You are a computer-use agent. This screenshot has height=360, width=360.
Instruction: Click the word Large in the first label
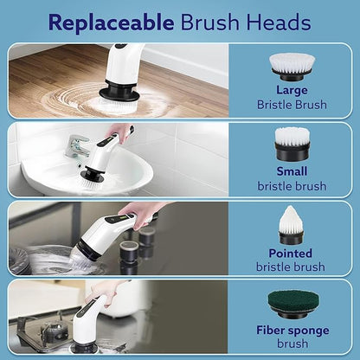(291, 90)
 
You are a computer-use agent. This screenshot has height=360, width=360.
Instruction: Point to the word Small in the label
(291, 171)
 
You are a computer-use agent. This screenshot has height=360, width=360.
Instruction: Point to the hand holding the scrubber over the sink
(121, 132)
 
